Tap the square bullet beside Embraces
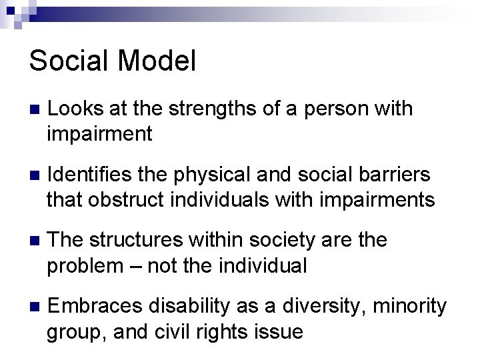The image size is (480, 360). tap(35, 307)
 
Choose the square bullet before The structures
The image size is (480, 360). tap(35, 241)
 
